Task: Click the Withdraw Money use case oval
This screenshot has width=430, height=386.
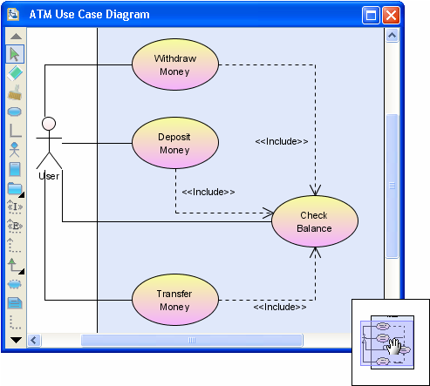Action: (175, 64)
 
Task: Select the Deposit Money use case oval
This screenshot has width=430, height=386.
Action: (175, 143)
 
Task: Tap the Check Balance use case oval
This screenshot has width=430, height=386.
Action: (315, 221)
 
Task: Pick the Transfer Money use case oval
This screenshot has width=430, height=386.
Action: (175, 300)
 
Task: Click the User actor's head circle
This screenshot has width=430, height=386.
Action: (49, 124)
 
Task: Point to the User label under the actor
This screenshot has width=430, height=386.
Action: (49, 176)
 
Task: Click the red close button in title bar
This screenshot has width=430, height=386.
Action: (391, 15)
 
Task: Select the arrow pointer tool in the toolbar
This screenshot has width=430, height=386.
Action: (15, 54)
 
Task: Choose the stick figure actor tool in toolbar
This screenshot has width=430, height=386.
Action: (15, 150)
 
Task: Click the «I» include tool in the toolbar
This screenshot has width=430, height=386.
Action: (15, 207)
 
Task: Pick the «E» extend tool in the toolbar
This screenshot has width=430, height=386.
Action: (15, 226)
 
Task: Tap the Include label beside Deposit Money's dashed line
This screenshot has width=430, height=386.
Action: (208, 192)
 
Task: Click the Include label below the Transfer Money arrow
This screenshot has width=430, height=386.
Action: (280, 307)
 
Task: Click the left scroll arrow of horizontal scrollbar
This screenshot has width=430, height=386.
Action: (34, 340)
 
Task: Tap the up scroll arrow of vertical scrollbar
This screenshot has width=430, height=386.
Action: (392, 36)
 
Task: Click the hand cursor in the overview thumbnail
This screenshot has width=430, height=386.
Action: (394, 346)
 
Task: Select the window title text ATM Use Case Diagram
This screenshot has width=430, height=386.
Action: (90, 15)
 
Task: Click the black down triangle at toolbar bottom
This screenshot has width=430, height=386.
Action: (16, 340)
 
